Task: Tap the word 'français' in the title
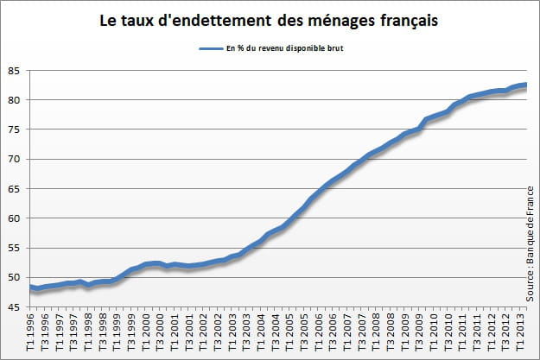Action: [x=405, y=18]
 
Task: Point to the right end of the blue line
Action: [x=526, y=85]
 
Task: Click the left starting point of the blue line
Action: [x=31, y=287]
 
